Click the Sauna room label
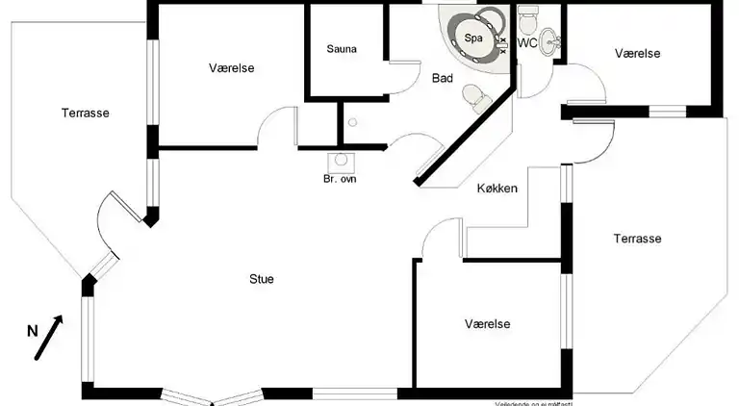point(342,49)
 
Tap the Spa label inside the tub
point(473,38)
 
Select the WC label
point(527,43)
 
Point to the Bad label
point(443,78)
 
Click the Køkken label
point(497,189)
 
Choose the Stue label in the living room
point(262,280)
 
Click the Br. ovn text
point(340,179)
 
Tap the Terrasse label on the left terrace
point(86,113)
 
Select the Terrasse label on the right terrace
point(637,239)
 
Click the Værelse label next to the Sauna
point(231,67)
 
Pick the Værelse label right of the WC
point(638,54)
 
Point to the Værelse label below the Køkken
point(486,323)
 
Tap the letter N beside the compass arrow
point(32,331)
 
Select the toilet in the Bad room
point(473,97)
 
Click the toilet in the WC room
point(527,18)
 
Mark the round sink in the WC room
point(549,41)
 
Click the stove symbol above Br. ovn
point(340,162)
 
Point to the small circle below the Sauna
point(353,122)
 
